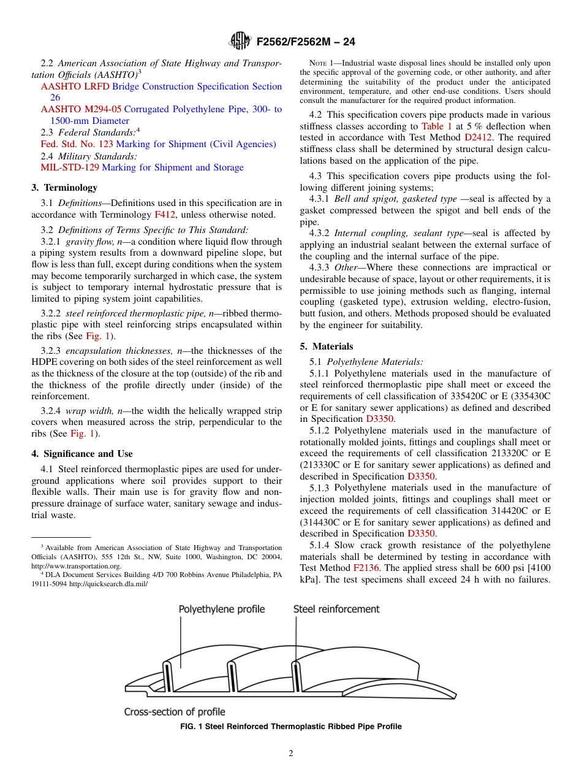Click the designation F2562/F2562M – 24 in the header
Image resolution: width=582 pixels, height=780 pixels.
pos(306,42)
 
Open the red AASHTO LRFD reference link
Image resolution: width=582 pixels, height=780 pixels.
pos(75,86)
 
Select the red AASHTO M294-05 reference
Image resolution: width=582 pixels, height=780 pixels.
pos(81,109)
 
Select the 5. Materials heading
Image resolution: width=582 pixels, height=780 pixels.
pos(327,346)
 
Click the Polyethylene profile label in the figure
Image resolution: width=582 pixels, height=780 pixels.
pos(222,609)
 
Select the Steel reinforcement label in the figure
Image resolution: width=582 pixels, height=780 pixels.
pos(336,609)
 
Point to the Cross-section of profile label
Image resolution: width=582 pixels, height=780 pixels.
pos(175,712)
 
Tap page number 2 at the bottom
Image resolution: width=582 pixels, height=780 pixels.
pos(291,754)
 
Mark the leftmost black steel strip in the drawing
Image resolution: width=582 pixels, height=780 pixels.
pos(165,676)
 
